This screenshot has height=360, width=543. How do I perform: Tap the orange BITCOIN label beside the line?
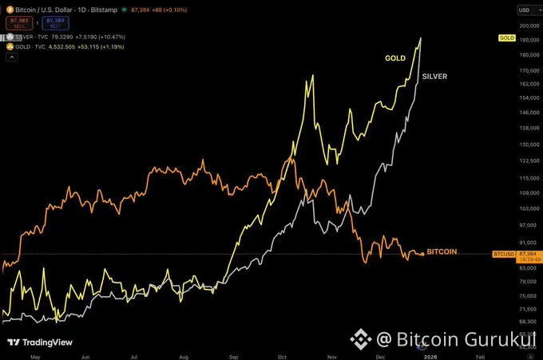(442, 251)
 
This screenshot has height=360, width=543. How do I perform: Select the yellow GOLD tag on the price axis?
(505, 38)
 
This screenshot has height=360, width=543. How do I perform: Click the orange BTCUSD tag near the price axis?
(502, 253)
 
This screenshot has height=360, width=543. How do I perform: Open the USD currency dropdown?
(525, 10)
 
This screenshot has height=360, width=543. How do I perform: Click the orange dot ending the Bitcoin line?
(422, 254)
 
